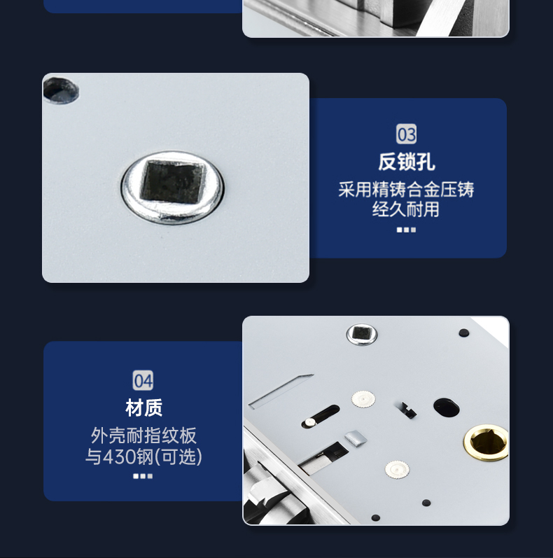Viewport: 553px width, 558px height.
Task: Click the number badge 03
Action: click(x=406, y=134)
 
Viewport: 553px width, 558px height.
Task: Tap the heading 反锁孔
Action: click(x=407, y=162)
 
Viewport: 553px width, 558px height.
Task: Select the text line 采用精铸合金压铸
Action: click(x=406, y=189)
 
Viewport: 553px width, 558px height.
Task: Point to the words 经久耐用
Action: click(x=406, y=209)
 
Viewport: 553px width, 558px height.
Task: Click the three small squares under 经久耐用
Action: click(x=406, y=230)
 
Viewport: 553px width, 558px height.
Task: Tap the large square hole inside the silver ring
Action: click(x=174, y=181)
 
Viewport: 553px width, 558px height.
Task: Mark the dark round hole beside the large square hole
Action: click(x=60, y=90)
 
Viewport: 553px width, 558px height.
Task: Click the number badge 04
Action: click(x=143, y=380)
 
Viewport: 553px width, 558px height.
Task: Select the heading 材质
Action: click(x=143, y=408)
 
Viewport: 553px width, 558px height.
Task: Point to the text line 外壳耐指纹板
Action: click(x=143, y=435)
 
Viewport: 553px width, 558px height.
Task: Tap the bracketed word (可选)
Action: click(x=179, y=457)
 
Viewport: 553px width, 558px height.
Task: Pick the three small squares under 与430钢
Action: click(x=143, y=476)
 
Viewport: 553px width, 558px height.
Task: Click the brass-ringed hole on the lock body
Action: click(x=486, y=442)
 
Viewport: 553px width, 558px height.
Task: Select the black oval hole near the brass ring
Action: click(x=446, y=407)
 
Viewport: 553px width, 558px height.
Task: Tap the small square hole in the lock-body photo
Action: click(x=361, y=333)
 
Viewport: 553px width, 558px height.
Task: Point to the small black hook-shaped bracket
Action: click(x=407, y=410)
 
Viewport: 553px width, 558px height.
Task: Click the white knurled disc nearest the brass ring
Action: click(x=397, y=469)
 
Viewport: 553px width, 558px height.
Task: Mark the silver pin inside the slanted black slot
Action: click(x=310, y=422)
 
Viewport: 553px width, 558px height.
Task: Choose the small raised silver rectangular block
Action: click(x=356, y=438)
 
